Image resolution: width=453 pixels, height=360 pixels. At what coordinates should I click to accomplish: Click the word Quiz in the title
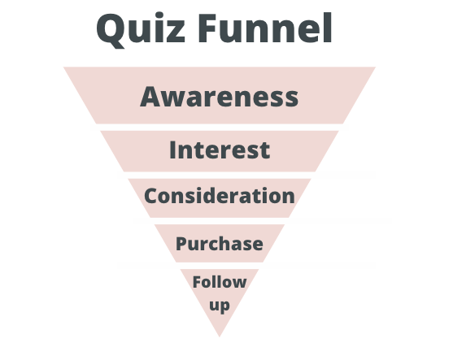coord(141,30)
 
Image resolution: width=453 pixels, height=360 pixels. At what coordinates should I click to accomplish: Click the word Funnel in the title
coord(265,28)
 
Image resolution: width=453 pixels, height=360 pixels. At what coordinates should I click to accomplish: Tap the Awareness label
coord(220,97)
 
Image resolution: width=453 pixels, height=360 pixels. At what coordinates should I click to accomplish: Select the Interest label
coord(220,150)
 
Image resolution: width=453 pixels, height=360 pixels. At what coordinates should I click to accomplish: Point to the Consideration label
coord(220,196)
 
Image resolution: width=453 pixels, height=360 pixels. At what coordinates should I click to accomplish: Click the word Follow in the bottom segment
coord(220,282)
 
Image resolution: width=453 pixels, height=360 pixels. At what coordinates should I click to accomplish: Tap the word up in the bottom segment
coord(220,306)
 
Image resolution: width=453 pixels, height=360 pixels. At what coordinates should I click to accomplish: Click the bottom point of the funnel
coord(220,336)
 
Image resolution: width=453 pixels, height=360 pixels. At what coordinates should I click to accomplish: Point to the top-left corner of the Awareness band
coord(64,67)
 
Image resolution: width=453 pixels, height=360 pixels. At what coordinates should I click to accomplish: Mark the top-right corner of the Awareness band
coord(375,67)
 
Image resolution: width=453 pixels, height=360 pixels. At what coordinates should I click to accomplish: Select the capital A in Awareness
coord(150,97)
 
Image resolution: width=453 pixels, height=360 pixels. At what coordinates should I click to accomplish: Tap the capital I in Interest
coord(172,150)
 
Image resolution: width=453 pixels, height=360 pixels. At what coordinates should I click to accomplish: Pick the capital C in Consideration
coord(150,196)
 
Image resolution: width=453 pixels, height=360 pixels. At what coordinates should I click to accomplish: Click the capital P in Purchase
coord(181,244)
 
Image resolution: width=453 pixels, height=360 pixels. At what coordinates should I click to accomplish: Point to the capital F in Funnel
coord(207,28)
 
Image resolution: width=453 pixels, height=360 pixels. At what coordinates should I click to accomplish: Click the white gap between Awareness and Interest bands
coord(220,128)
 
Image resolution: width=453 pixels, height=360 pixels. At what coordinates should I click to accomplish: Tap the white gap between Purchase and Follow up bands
coord(220,266)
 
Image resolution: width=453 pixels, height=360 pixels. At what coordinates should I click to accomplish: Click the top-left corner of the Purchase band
coord(155,225)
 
